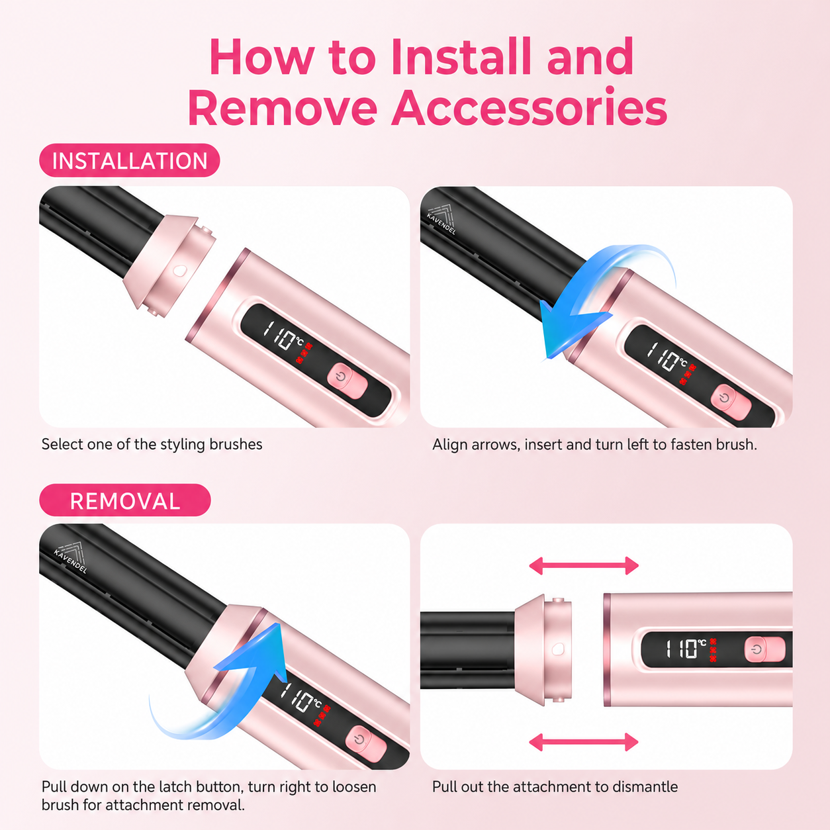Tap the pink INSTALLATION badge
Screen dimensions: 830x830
pos(130,161)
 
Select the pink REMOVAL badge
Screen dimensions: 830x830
pos(125,501)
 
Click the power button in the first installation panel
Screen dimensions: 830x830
pos(347,381)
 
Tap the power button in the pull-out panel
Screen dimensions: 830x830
pos(764,649)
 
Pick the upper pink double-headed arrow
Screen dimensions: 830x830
pos(584,565)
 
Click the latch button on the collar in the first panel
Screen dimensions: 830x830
pos(179,271)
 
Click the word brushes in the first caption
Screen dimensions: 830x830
pos(236,445)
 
